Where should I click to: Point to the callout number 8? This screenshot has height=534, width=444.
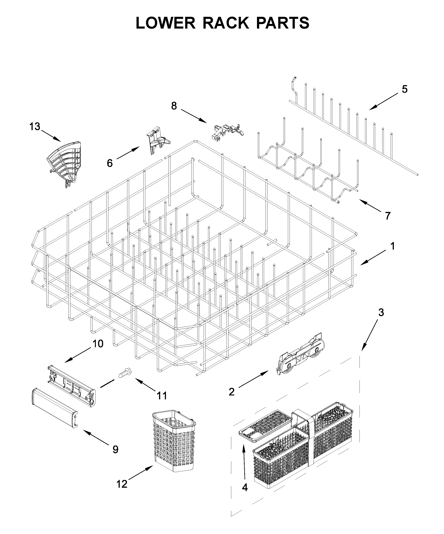point(174,106)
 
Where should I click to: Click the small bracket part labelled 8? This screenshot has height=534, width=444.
point(227,131)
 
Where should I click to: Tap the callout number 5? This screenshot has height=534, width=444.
point(405,89)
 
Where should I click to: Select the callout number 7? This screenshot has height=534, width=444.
point(387,216)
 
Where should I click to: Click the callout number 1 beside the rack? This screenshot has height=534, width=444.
point(392,246)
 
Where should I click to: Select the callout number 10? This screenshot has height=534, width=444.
point(98,344)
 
